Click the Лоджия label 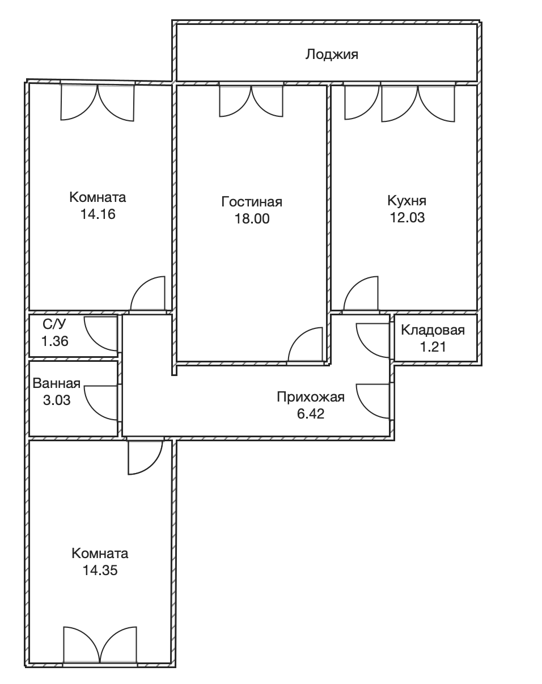[332, 54]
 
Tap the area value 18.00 [252, 219]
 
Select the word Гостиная [252, 202]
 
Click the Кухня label [407, 201]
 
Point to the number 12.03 [407, 218]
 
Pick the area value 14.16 [98, 214]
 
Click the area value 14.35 [100, 570]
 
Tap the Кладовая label [433, 330]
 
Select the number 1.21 [433, 347]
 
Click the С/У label [54, 324]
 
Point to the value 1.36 [55, 341]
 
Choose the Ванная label [57, 383]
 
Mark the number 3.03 [57, 400]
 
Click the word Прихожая [311, 397]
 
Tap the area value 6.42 [311, 414]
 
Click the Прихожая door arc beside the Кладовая [366, 349]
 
